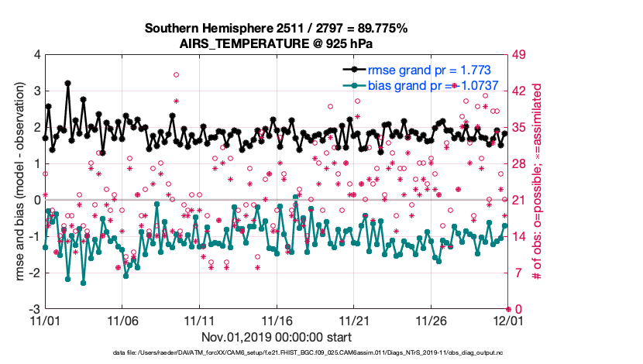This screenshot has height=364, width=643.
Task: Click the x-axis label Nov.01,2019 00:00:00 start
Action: pyautogui.click(x=277, y=337)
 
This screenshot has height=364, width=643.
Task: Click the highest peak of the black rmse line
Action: pyautogui.click(x=68, y=83)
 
